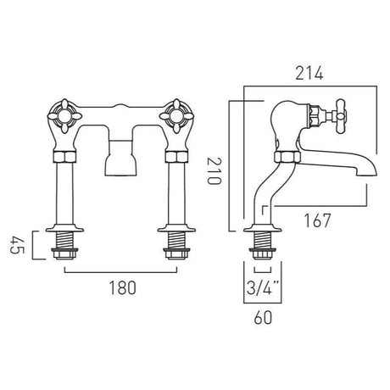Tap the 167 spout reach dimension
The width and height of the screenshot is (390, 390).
[x=315, y=220]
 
